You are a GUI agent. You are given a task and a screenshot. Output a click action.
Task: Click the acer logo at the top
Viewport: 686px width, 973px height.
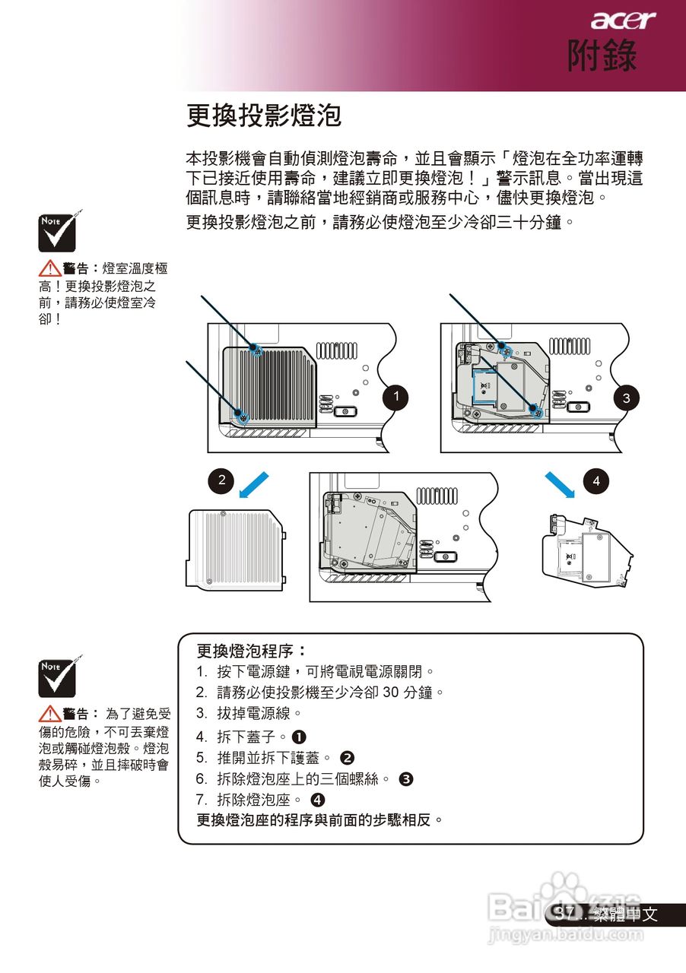(623, 21)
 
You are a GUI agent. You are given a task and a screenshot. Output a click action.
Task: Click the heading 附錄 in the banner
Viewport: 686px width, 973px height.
(602, 56)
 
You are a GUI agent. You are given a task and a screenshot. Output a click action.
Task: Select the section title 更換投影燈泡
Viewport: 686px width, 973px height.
(264, 116)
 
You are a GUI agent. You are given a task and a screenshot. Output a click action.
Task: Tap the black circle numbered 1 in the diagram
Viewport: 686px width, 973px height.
(395, 397)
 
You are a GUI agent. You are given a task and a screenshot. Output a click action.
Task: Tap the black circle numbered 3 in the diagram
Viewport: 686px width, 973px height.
(626, 397)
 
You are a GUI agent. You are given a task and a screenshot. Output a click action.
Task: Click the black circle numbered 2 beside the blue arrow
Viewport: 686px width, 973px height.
(221, 480)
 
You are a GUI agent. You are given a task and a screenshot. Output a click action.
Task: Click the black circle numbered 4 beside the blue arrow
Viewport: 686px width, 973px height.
(596, 480)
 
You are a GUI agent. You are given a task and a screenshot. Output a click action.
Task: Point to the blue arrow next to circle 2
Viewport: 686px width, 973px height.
(253, 483)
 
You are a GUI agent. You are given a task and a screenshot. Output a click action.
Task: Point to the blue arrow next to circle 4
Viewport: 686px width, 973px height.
(561, 483)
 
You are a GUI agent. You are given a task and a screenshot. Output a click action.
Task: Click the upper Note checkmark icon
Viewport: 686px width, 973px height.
(57, 232)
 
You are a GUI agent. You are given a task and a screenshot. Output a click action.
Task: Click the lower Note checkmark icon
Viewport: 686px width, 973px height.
(57, 678)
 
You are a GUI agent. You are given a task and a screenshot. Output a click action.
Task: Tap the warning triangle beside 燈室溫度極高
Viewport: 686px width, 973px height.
(50, 268)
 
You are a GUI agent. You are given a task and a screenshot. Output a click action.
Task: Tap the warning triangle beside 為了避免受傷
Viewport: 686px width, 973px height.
(50, 714)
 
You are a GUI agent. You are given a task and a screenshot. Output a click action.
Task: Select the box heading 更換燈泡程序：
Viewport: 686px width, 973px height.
(251, 651)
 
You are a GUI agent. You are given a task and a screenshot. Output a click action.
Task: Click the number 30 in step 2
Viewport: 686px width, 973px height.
(391, 693)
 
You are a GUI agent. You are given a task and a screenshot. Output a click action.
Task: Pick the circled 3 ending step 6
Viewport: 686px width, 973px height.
(406, 779)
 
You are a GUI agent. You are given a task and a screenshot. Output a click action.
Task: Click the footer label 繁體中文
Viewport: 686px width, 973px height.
(627, 915)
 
